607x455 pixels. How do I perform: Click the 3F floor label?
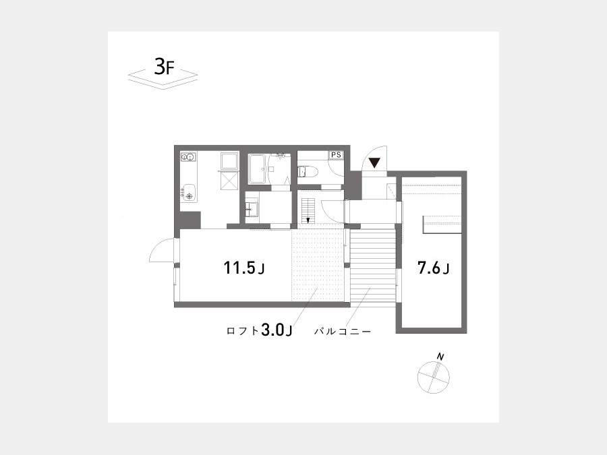point(165,67)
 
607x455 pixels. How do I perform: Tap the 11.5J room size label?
point(244,268)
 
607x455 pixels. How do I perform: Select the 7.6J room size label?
point(433,268)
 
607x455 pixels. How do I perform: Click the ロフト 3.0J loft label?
point(259,330)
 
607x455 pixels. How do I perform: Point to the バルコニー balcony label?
point(343,332)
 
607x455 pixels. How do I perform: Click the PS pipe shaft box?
point(336,155)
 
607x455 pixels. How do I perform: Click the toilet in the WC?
point(308,171)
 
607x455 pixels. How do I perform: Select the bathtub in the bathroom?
point(257,169)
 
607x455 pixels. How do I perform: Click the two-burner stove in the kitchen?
point(188,157)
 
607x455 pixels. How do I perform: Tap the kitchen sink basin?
point(190,193)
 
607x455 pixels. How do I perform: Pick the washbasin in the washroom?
point(252,209)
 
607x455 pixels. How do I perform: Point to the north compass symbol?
point(434,377)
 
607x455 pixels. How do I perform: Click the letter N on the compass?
point(440,356)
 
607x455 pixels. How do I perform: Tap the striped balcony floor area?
point(372,266)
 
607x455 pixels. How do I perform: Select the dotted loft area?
point(318,266)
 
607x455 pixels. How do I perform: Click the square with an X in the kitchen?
point(229,181)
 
